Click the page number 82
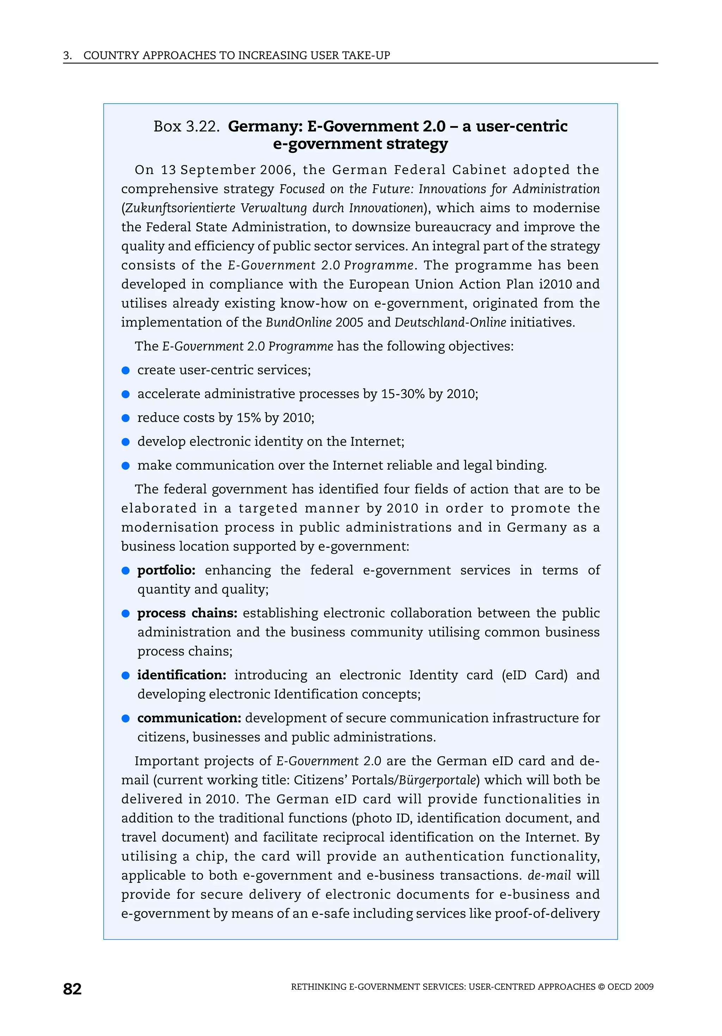point(72,989)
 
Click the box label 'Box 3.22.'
point(186,126)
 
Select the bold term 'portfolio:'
point(166,570)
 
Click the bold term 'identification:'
point(182,675)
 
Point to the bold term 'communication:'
point(189,718)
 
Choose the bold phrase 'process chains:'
point(187,613)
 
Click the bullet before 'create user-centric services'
point(126,371)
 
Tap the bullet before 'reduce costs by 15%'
point(126,418)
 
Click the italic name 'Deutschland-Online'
point(450,323)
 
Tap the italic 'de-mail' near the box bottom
point(549,875)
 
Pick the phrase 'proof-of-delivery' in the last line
point(547,914)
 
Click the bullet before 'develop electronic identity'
point(126,442)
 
